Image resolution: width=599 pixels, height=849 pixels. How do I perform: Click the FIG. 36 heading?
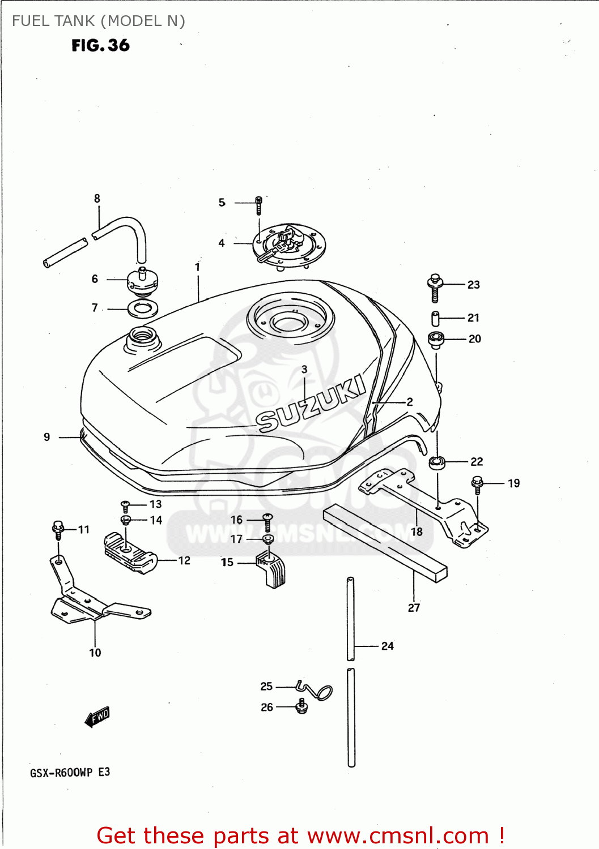tap(100, 45)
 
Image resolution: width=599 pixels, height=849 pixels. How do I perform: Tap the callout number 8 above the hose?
tap(97, 199)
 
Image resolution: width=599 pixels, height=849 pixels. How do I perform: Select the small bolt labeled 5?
tap(258, 205)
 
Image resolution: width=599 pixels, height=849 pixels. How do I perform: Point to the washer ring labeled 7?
tap(143, 309)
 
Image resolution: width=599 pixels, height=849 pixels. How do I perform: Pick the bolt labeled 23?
tap(435, 288)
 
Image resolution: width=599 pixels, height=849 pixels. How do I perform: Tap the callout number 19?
tap(513, 483)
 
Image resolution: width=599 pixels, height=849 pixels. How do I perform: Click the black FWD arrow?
tap(97, 717)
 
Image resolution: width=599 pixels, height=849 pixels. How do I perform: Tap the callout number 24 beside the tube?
tap(388, 646)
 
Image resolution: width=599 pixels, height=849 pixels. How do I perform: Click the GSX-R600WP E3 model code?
tap(70, 773)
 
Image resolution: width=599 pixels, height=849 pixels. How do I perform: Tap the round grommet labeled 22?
tap(437, 462)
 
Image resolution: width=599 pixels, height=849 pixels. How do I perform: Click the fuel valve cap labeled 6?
tap(142, 281)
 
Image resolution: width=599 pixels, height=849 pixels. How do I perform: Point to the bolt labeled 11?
tap(58, 530)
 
